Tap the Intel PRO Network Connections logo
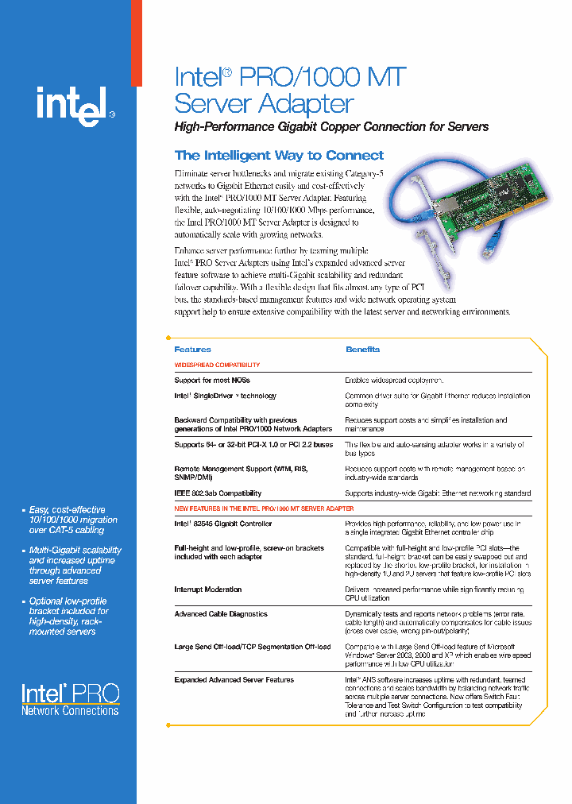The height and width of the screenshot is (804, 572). point(70,701)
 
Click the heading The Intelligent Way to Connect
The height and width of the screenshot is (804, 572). point(279,156)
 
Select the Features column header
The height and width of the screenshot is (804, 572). point(192,350)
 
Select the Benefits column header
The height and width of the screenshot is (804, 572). point(362,350)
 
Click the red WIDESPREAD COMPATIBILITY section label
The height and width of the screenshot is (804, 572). point(217,365)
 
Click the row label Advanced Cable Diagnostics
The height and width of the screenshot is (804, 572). point(221,614)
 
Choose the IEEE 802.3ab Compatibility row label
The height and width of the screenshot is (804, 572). point(218,493)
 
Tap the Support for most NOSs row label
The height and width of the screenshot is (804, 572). point(211,381)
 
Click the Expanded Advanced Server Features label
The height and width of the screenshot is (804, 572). point(234,680)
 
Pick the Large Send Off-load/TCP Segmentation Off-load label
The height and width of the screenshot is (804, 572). point(252,647)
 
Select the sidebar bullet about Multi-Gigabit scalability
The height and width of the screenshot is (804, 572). point(75,565)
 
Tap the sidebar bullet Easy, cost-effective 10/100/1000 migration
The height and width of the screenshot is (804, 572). point(72,520)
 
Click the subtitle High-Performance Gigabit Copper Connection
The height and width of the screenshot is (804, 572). point(331,127)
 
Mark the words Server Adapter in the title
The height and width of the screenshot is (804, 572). point(264,103)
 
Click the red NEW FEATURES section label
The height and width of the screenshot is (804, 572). point(264,508)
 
